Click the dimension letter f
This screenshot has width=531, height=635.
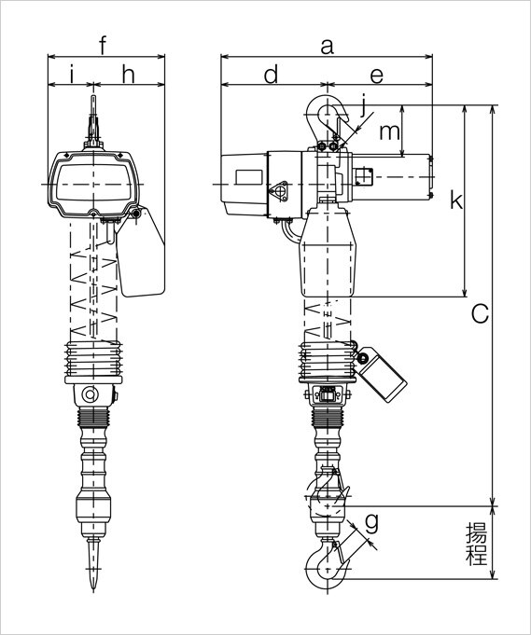[103, 45]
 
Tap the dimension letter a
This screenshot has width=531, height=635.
[327, 47]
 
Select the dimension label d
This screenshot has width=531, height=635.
[271, 74]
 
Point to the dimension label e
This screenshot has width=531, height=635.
[377, 76]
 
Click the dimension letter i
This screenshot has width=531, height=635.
[72, 74]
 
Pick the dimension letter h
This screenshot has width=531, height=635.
[128, 74]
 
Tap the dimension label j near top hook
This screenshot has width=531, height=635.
[363, 105]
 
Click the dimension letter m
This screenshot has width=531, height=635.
[389, 132]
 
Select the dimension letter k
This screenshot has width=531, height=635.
[456, 200]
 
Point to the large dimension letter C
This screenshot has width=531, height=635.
[480, 314]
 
